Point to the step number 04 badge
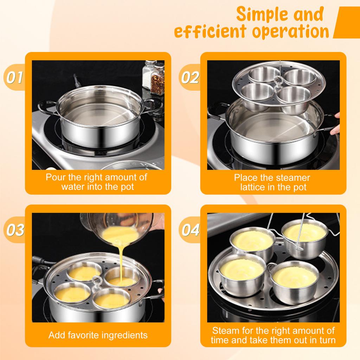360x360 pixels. coord(190,230)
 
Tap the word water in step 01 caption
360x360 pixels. coord(73,187)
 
